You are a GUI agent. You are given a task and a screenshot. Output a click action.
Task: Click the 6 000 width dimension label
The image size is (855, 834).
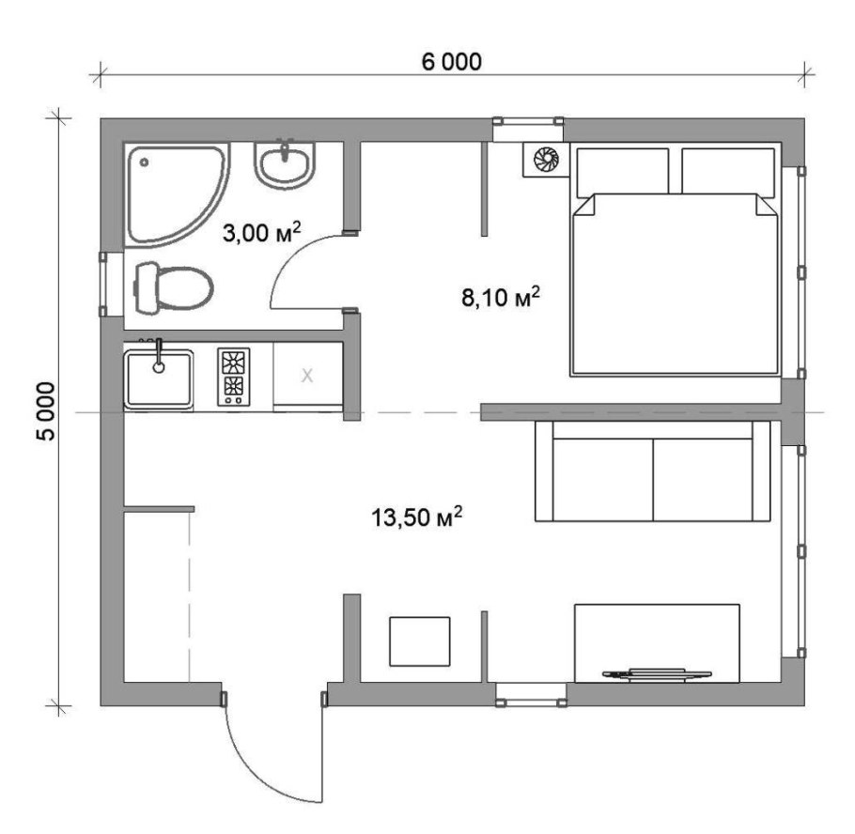tap(452, 62)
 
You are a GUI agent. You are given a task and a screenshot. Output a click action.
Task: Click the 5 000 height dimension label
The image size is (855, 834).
tap(46, 410)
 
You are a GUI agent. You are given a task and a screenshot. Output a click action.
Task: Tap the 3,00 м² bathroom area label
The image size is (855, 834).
tap(262, 232)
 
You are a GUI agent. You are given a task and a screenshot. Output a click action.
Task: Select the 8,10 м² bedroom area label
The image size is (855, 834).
tap(501, 297)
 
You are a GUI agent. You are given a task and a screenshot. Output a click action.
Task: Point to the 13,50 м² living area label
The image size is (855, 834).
tap(417, 517)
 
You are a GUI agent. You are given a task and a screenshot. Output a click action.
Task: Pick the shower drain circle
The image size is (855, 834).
tap(144, 162)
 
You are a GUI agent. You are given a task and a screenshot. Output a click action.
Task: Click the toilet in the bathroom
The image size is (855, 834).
tap(173, 287)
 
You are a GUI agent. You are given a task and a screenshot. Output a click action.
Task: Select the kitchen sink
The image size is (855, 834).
tap(159, 378)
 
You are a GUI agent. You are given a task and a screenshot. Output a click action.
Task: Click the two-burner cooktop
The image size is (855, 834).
tap(233, 377)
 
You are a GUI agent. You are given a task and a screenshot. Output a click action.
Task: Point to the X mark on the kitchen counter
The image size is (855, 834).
tap(307, 376)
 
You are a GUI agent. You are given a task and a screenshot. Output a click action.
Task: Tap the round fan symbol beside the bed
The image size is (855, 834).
tap(546, 159)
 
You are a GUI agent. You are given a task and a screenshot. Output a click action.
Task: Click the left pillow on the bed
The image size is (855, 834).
tap(623, 171)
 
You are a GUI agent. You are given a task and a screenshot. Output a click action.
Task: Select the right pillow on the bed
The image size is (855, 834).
tap(728, 171)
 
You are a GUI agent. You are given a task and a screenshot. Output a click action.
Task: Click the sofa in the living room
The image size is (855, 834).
tap(653, 471)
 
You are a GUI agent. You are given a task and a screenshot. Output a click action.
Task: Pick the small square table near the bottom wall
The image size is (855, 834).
tap(420, 641)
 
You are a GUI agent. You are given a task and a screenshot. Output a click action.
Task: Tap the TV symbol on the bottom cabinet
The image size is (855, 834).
tap(657, 674)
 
